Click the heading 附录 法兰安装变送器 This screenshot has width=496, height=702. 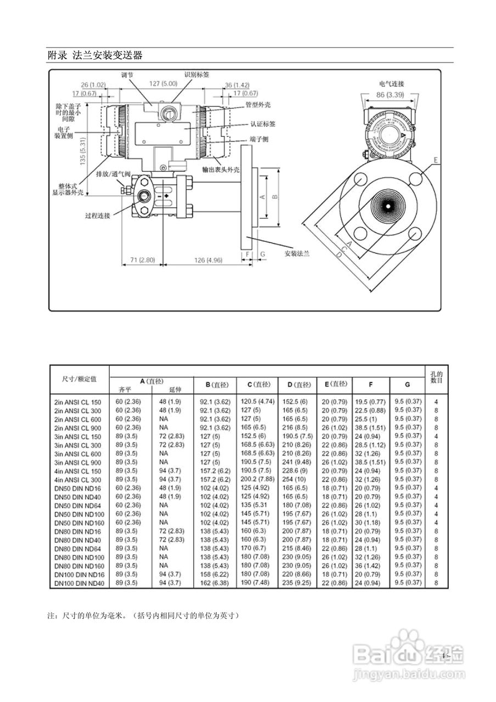[95, 55]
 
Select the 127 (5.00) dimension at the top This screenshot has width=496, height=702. [163, 84]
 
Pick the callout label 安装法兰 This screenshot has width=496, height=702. [297, 253]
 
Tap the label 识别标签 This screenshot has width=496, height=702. [196, 75]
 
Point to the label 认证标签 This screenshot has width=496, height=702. [263, 124]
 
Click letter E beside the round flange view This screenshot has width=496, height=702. [436, 160]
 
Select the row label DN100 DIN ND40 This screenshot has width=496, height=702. [78, 583]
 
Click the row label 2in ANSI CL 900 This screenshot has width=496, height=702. [78, 427]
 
